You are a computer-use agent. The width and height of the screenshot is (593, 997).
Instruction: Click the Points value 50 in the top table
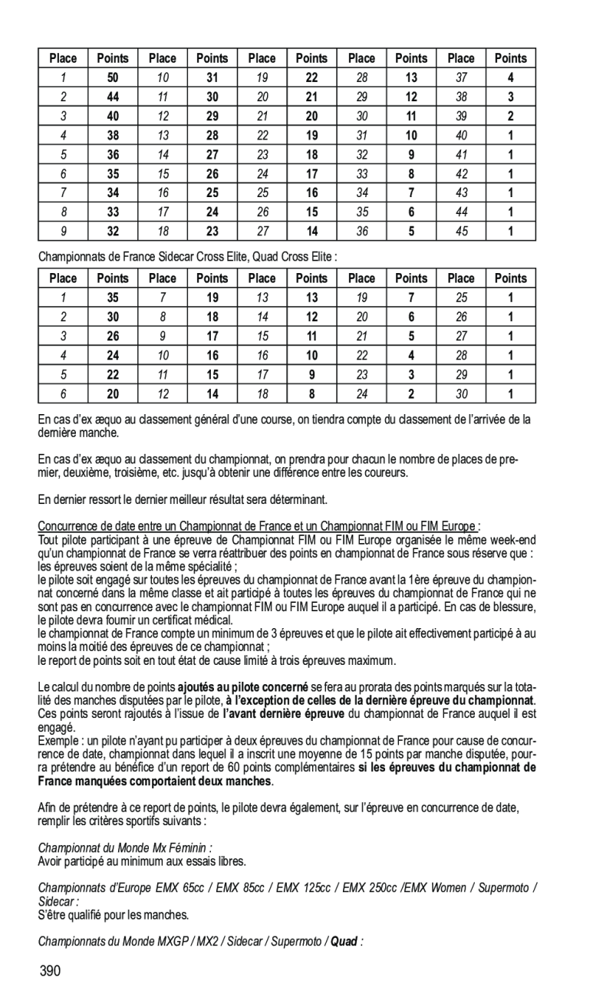113,78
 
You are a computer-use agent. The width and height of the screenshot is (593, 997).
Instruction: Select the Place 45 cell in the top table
462,231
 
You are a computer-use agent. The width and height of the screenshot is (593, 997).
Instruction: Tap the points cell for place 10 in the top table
212,78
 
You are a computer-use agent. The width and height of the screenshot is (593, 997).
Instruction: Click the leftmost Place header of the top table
63,58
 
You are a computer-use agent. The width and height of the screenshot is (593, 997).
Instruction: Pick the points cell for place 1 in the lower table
113,298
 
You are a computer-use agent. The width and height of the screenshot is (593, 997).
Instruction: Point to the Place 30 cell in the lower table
462,394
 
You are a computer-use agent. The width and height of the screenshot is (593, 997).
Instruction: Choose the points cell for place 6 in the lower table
113,394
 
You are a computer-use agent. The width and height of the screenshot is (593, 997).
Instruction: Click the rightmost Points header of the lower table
511,278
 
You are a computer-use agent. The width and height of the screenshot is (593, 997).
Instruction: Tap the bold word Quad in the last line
344,941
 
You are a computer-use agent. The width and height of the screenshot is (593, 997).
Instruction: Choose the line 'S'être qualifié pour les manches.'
113,916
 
